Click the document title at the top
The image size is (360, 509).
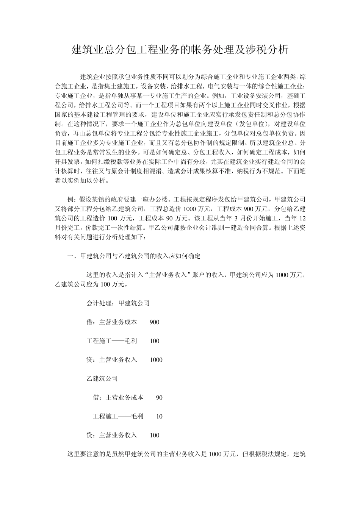180,50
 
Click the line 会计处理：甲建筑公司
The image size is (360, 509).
118,303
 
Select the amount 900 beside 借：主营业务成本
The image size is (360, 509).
155,322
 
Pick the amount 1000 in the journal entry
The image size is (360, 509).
156,360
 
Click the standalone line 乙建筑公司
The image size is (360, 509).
102,379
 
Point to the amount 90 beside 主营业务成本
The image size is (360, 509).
159,398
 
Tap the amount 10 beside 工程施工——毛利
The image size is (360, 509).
159,417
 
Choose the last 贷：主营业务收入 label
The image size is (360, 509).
112,436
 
